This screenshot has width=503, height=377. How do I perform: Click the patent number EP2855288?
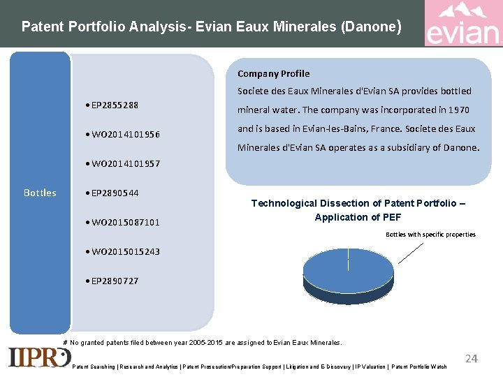coord(115,105)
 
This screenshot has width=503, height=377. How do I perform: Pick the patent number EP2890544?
coord(115,193)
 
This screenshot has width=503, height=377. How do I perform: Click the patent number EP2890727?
coord(115,281)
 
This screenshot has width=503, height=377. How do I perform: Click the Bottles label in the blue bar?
coord(40,193)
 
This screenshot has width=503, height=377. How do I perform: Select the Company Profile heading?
coord(273,73)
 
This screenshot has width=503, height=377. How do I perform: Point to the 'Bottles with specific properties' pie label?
coord(430,235)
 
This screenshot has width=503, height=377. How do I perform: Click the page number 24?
coord(472,358)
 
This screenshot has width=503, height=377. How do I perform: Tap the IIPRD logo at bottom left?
coord(39,357)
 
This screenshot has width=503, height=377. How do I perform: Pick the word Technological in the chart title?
coord(283,203)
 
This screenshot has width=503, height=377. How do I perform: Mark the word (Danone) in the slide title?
coord(371,27)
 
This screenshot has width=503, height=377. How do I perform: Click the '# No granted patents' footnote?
coord(203,343)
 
